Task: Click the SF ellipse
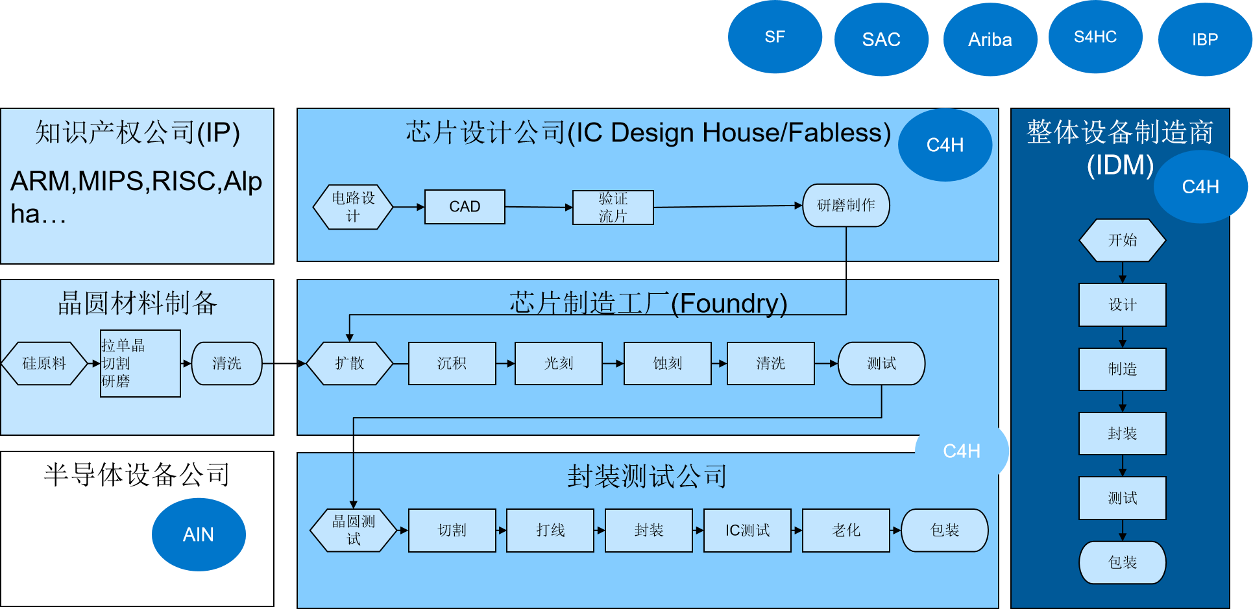coord(775,37)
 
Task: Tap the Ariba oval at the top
coord(990,40)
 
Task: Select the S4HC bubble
coord(1095,37)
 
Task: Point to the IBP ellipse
coord(1205,40)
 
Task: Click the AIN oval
coord(199,534)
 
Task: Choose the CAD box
coord(465,207)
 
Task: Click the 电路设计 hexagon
coord(353,207)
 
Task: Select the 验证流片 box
coord(613,208)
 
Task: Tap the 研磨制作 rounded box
coord(846,206)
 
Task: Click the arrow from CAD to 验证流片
coord(539,207)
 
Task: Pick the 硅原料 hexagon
coord(44,363)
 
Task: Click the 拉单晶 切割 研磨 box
coord(140,363)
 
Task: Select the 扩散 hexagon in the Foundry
coord(349,363)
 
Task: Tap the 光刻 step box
coord(559,363)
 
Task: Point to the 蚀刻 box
coord(667,363)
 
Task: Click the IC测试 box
coord(748,531)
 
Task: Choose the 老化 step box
coord(846,531)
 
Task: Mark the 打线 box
coord(550,531)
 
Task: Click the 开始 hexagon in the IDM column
coord(1123,240)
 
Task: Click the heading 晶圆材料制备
coord(138,303)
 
